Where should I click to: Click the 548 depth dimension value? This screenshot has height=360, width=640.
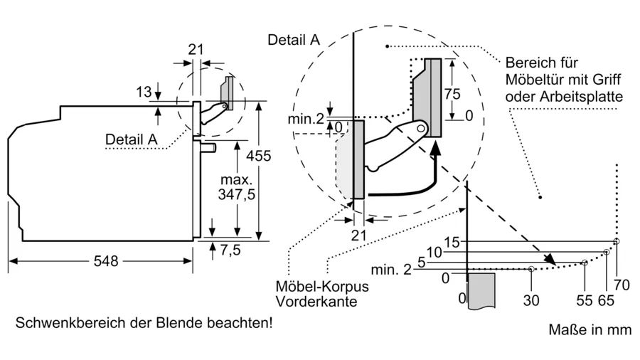106,261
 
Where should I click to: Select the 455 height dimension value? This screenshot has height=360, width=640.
258,156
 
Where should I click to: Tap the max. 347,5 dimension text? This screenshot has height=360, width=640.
236,187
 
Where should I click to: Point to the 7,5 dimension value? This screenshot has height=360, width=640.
230,250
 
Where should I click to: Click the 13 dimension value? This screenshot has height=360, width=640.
144,92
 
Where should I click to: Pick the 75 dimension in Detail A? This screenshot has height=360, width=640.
452,94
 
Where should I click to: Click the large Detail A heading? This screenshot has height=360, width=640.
294,40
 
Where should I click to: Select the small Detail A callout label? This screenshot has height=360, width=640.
131,139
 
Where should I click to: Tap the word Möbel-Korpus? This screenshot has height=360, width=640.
322,286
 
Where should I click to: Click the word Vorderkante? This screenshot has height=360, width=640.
310,302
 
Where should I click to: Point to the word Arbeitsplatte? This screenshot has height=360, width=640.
582,97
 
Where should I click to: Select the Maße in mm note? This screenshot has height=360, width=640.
590,330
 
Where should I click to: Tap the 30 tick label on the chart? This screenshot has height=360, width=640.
531,300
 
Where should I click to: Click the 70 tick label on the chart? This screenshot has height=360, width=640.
622,285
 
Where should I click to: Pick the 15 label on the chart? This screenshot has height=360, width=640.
452,242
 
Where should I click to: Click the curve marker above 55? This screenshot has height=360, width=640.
585,263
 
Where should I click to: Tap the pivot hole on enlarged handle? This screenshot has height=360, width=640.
421,129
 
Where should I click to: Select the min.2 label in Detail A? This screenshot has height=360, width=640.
306,119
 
